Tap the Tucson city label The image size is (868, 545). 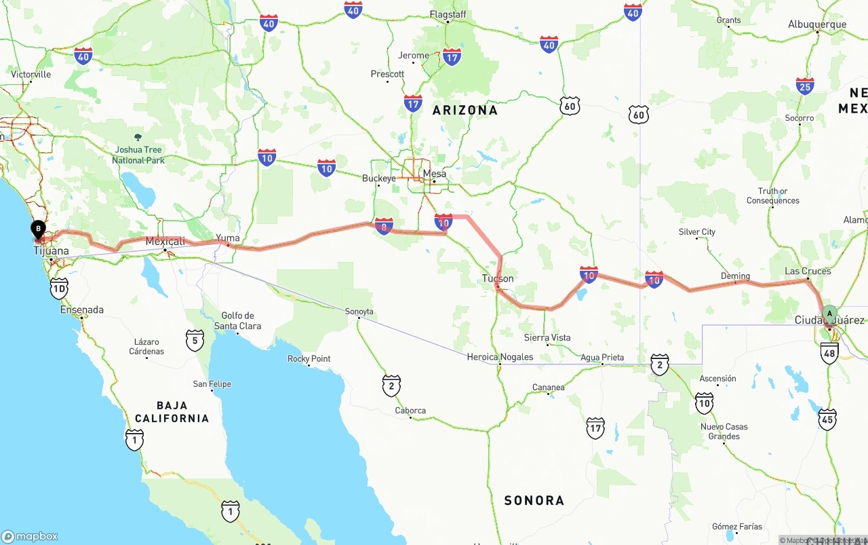pyautogui.click(x=498, y=278)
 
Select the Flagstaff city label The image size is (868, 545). pyautogui.click(x=448, y=14)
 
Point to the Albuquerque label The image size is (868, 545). pyautogui.click(x=816, y=24)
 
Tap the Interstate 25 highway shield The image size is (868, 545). pyautogui.click(x=805, y=86)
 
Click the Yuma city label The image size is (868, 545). pyautogui.click(x=228, y=238)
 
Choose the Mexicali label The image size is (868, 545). pyautogui.click(x=165, y=242)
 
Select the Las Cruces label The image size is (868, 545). pyautogui.click(x=807, y=271)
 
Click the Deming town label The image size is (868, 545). pyautogui.click(x=735, y=276)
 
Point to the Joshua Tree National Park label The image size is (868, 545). pyautogui.click(x=138, y=155)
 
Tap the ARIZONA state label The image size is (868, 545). pyautogui.click(x=465, y=110)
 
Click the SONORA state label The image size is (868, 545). pyautogui.click(x=534, y=500)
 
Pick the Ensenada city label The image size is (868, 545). pyautogui.click(x=82, y=310)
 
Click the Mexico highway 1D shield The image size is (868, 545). pyautogui.click(x=59, y=288)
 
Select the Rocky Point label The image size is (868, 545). pyautogui.click(x=309, y=359)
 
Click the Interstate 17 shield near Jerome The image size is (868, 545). pyautogui.click(x=452, y=57)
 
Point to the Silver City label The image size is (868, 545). pyautogui.click(x=696, y=232)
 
